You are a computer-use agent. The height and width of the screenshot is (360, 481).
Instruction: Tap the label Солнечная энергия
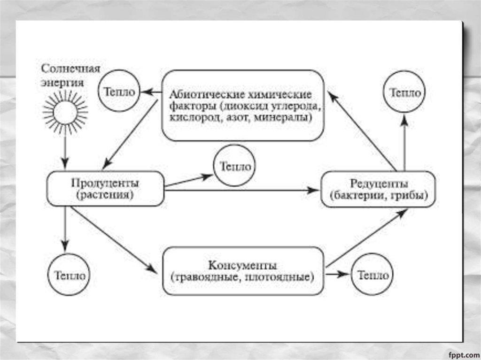[x=70, y=76]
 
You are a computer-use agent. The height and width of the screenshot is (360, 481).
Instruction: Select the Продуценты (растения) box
[x=105, y=188]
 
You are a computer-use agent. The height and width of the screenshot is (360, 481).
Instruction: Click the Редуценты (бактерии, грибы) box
[x=378, y=189]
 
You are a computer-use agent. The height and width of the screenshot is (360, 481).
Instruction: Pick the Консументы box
[x=242, y=271]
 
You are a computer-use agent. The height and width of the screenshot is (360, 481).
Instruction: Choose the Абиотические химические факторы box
[x=242, y=105]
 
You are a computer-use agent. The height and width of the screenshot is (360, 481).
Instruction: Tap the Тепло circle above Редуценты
[x=405, y=92]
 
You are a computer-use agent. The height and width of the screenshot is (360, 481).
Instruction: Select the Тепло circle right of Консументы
[x=373, y=275]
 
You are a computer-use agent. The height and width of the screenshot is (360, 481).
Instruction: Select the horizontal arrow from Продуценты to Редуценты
[x=242, y=190]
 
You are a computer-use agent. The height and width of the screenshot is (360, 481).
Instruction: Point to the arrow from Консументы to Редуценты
[x=366, y=237]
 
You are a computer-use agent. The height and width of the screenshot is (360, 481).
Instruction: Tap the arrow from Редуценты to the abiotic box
[x=361, y=130]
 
